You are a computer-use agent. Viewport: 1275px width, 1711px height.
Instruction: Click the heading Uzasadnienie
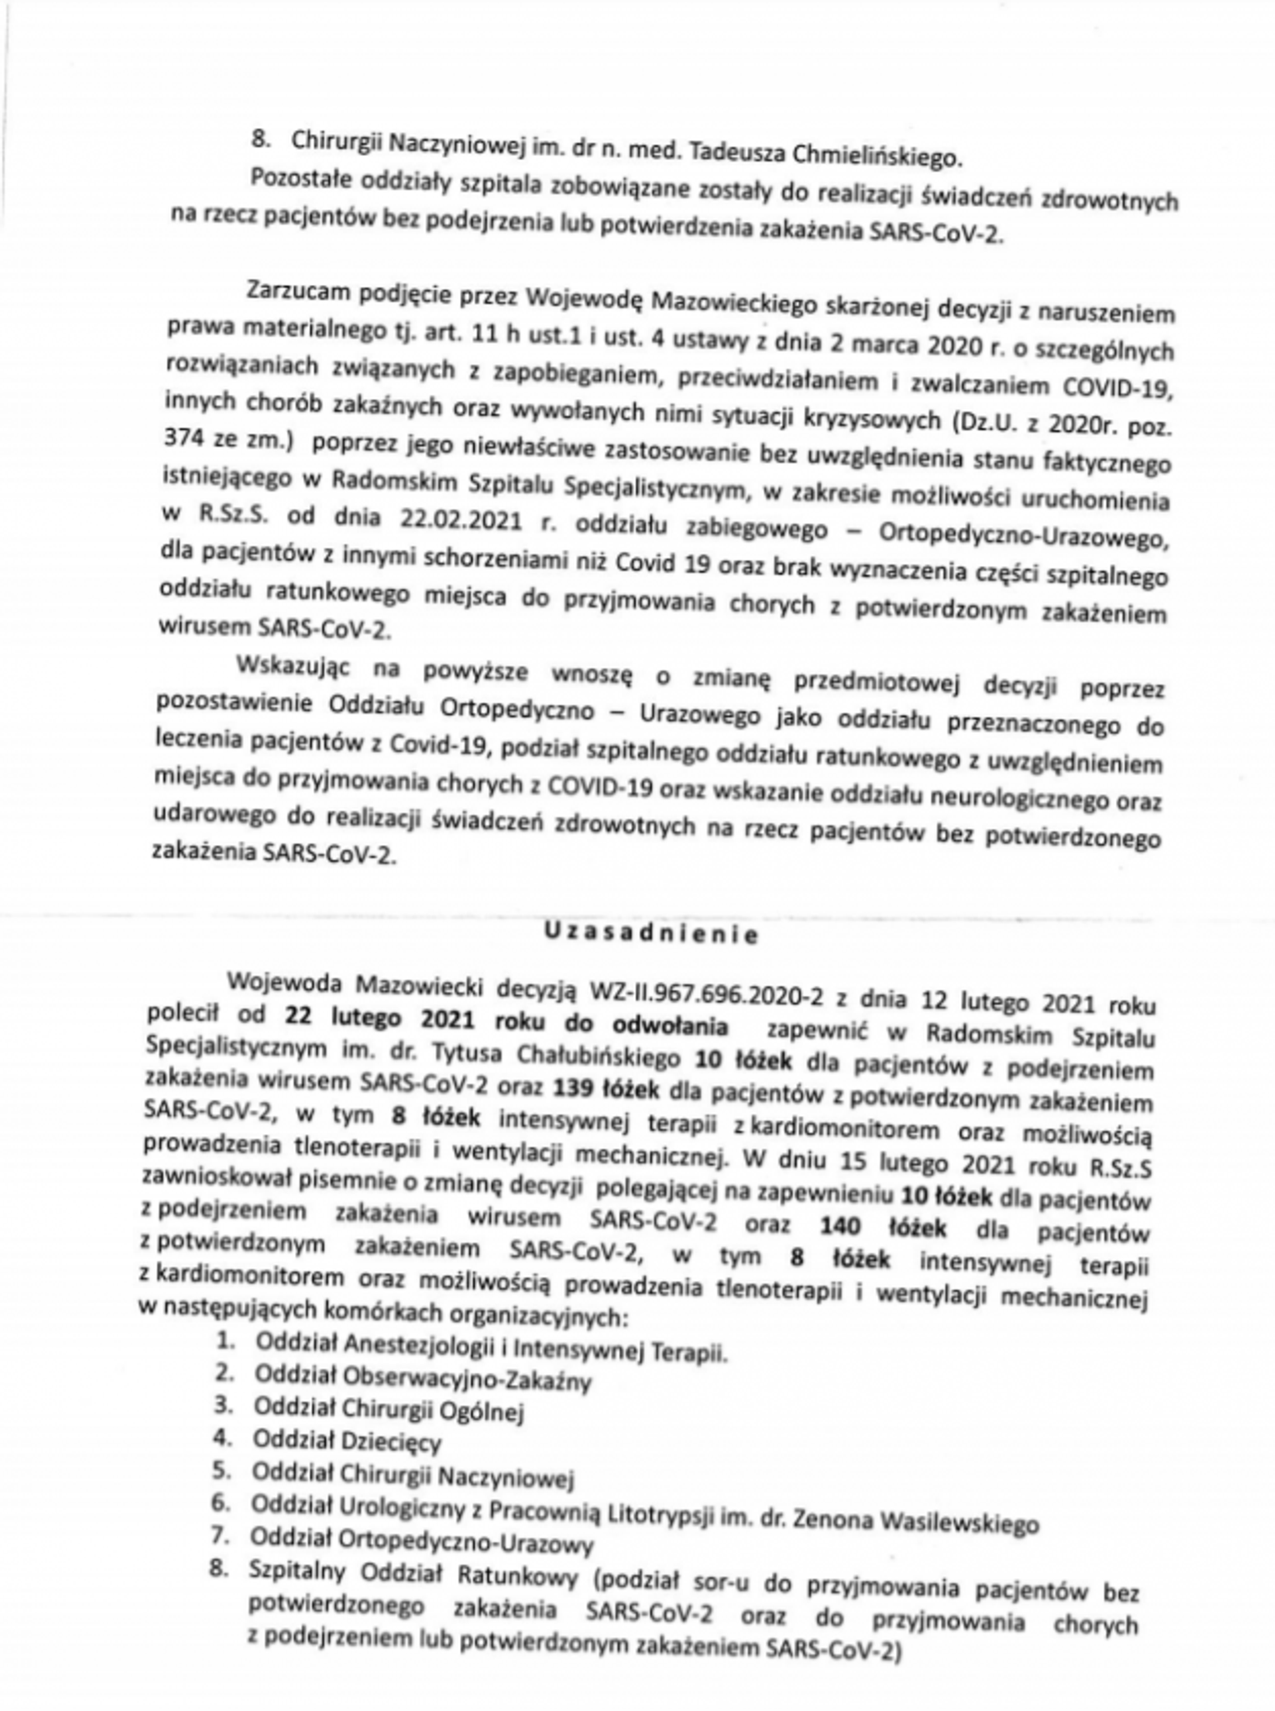pos(651,933)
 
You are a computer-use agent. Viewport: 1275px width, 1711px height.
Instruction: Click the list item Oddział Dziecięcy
pos(347,1440)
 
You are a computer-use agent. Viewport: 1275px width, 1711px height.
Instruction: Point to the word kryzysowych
pos(871,420)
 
